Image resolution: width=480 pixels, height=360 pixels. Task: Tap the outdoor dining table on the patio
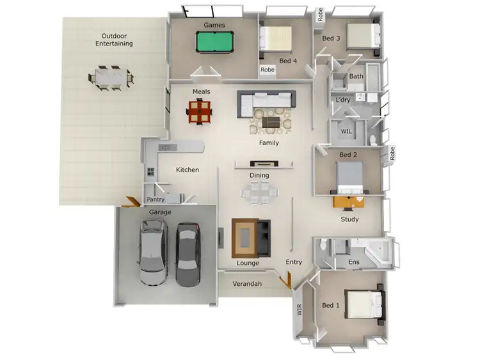[x=111, y=75]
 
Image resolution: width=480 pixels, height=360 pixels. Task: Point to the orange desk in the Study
[x=349, y=201]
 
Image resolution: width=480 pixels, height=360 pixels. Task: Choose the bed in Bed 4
[x=276, y=38]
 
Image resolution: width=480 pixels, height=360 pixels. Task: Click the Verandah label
[x=247, y=283]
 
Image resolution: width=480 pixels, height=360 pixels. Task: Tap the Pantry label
[x=156, y=200]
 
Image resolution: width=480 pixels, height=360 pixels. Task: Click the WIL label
[x=346, y=131]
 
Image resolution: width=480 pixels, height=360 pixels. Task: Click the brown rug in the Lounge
[x=246, y=238]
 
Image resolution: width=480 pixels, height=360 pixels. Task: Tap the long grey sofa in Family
[x=267, y=101]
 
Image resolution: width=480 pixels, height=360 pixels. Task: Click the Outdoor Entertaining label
[x=114, y=40]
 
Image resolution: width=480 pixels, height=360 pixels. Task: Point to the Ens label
[x=353, y=262]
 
